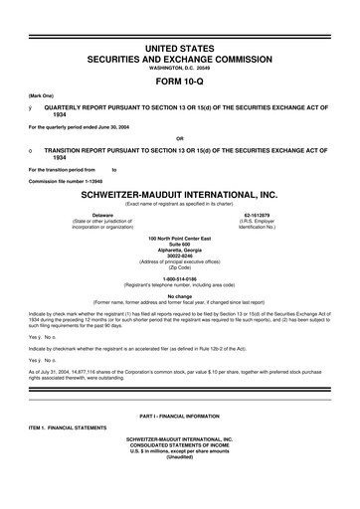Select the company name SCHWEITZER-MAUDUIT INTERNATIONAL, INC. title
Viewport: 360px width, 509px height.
coord(179,195)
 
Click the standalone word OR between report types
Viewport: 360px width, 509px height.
coord(179,137)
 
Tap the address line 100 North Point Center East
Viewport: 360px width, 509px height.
coord(179,239)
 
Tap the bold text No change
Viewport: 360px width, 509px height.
coord(179,296)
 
